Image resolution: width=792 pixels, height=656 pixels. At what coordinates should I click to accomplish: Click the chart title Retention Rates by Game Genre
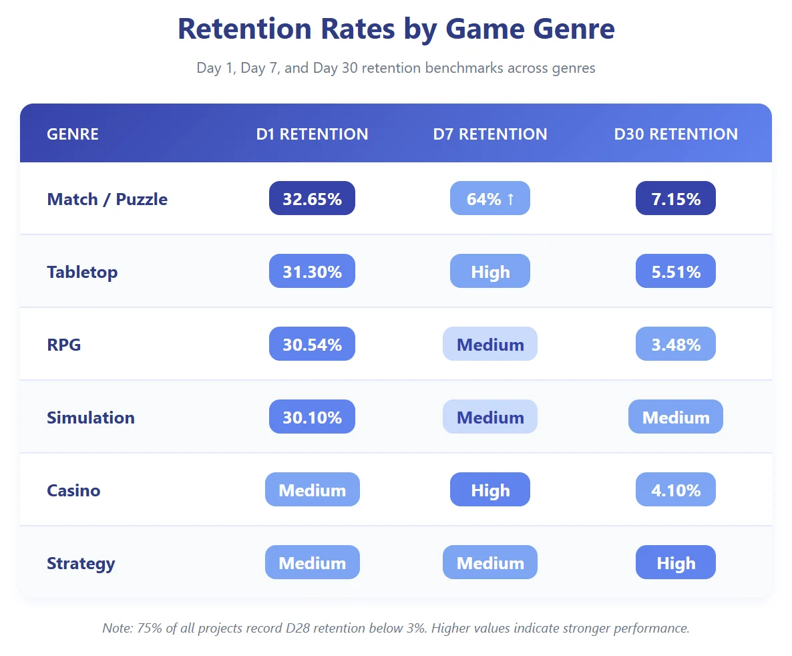[x=396, y=29]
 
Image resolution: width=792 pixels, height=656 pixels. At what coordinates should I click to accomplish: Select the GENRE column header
[x=73, y=134]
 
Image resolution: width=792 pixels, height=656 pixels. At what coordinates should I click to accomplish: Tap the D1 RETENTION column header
[x=312, y=134]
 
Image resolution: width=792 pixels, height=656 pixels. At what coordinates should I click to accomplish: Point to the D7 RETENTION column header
[x=490, y=134]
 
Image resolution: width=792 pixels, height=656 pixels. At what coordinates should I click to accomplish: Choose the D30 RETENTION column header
[x=676, y=134]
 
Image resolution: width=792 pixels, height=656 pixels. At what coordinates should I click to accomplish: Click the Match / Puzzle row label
[x=107, y=199]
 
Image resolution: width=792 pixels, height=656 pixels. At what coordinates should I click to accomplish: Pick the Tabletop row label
[x=82, y=272]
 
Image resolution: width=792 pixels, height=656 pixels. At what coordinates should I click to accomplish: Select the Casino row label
[x=73, y=490]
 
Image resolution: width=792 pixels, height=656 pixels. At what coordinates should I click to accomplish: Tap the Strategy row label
[x=81, y=563]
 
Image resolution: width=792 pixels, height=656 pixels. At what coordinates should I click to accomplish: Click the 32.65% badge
[x=312, y=199]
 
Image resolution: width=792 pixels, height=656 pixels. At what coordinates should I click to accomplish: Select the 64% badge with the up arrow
[x=490, y=199]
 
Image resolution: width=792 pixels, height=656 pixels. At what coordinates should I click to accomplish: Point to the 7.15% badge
[x=676, y=199]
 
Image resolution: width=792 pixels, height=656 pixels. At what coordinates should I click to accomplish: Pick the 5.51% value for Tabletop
[x=676, y=272]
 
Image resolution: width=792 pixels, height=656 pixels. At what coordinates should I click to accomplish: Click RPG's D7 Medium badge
[x=490, y=345]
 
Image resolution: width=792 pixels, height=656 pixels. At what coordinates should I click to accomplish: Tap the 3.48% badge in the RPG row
[x=676, y=345]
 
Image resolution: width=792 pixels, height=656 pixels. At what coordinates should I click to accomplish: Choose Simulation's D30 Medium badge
[x=676, y=418]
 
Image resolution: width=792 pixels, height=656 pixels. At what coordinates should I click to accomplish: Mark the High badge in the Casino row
[x=490, y=490]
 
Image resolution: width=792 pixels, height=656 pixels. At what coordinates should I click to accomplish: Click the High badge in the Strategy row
[x=676, y=563]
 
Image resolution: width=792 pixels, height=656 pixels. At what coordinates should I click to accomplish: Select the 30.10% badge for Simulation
[x=312, y=418]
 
